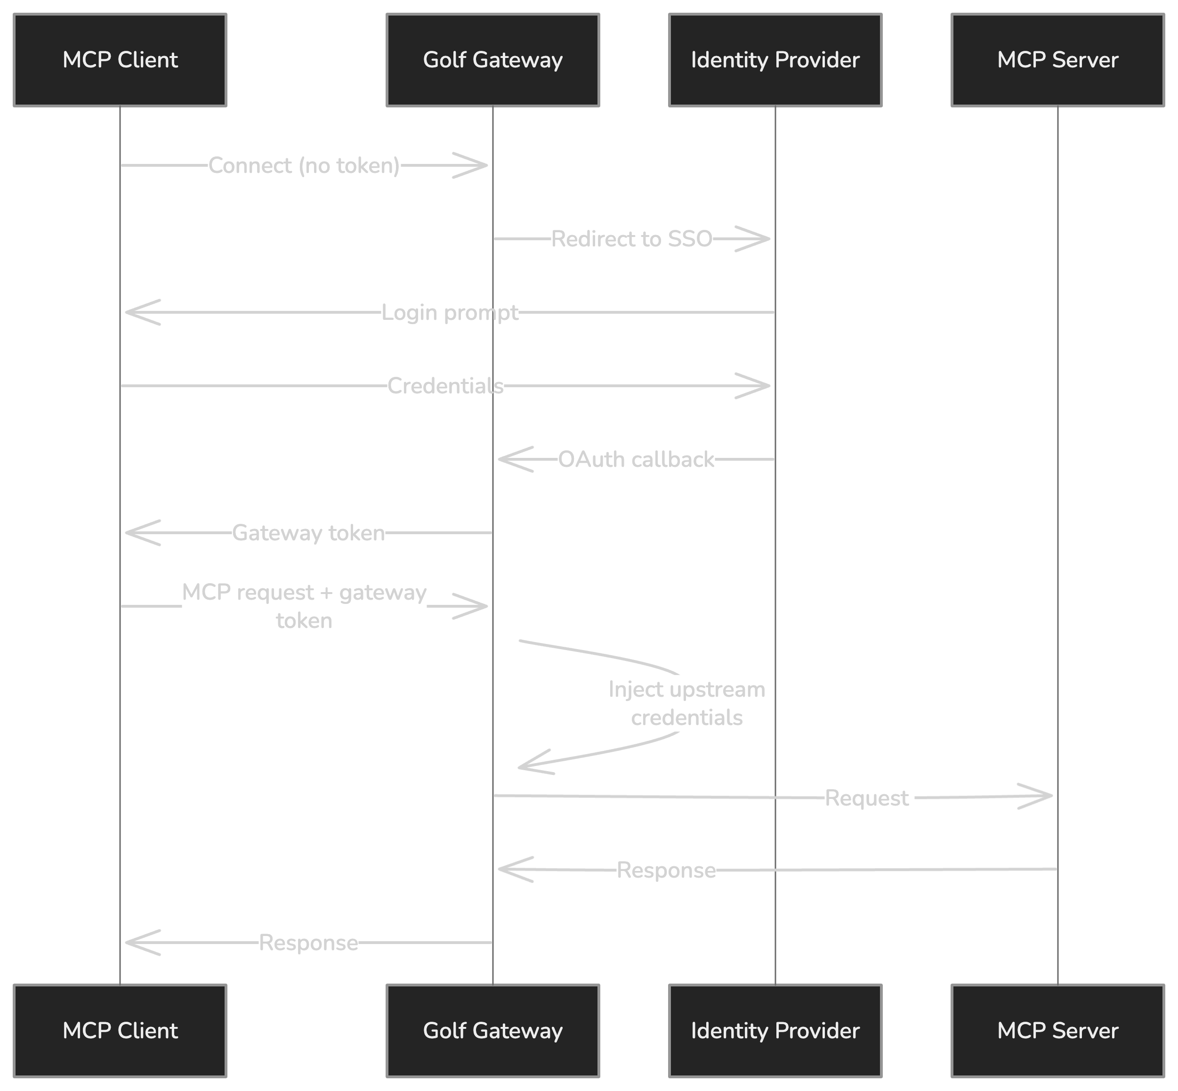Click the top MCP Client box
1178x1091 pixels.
tap(120, 60)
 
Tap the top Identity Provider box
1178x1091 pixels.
tap(775, 60)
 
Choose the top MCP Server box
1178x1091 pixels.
tap(1057, 60)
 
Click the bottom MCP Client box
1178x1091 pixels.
tap(120, 1030)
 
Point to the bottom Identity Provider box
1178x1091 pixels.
tap(775, 1030)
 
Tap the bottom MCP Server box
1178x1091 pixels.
tap(1057, 1030)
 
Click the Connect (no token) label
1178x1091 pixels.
tap(304, 166)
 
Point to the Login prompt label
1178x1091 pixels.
tap(450, 312)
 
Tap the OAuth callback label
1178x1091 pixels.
tap(636, 459)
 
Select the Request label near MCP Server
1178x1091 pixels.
tap(866, 798)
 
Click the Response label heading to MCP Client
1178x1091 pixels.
tap(308, 943)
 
